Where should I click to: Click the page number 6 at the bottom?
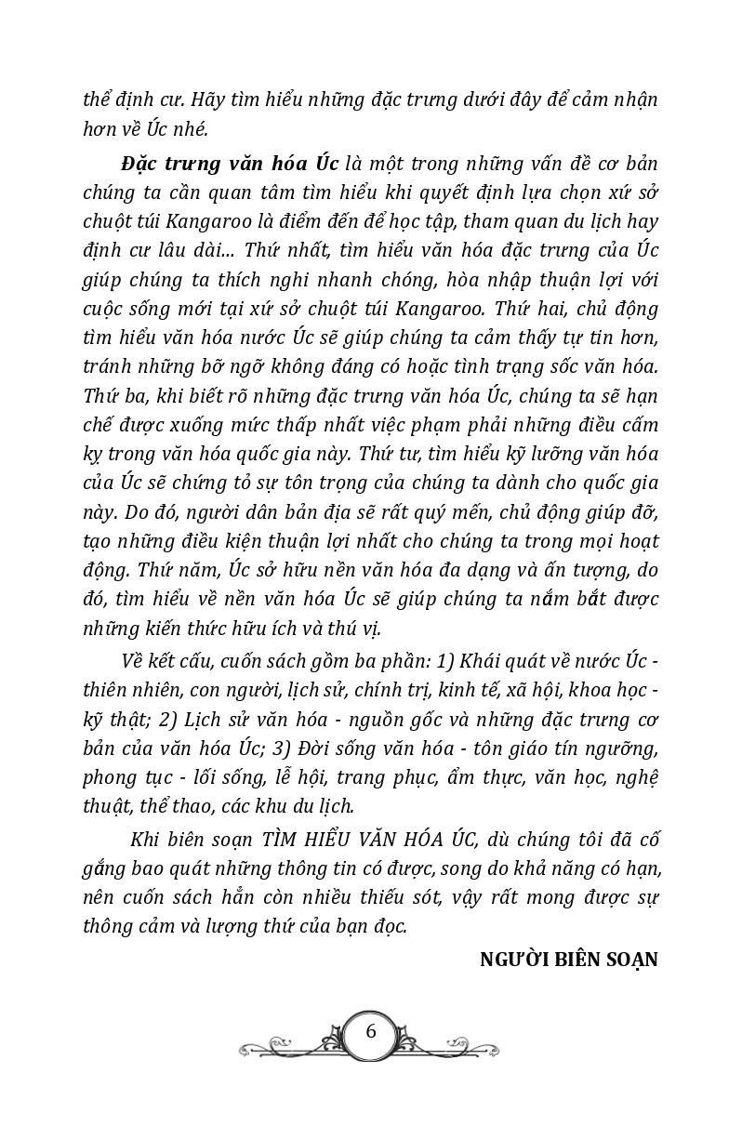point(371,1031)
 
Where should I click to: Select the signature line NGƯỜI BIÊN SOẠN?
point(568,960)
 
